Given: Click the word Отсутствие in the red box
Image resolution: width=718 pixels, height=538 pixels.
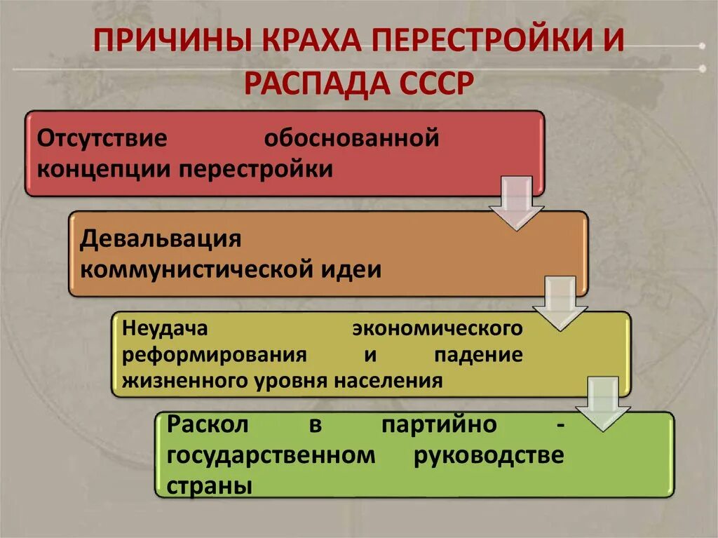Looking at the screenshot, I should (x=102, y=137).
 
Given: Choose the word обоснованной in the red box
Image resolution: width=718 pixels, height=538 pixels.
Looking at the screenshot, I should (x=351, y=137).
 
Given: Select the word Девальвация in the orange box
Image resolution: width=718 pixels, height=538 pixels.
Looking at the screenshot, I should (x=161, y=238).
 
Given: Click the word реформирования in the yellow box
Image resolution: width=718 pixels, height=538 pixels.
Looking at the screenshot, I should (x=215, y=354).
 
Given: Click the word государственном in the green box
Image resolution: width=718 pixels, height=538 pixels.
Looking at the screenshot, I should (x=271, y=455).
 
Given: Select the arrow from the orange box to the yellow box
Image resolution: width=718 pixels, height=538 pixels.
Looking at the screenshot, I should (x=560, y=302).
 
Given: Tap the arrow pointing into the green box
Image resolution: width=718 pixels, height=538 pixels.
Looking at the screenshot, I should (x=602, y=403).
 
